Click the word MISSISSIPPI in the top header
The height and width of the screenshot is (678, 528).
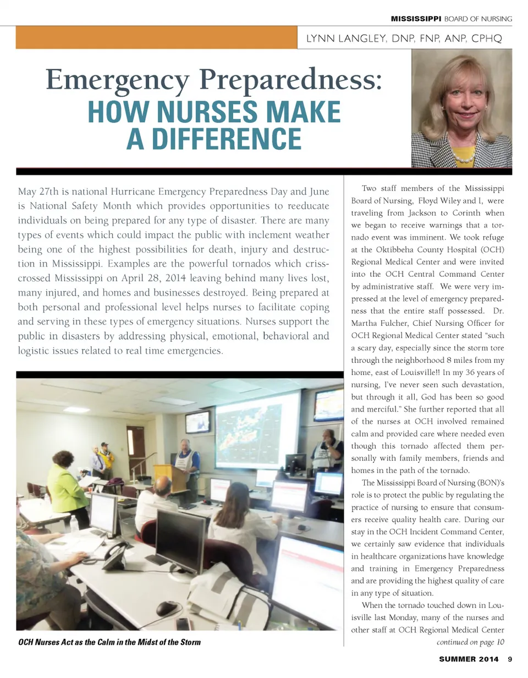416,19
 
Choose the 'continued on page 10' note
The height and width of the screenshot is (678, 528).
470,642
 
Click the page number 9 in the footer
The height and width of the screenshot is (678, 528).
510,659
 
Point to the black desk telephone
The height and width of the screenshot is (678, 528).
116,556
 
